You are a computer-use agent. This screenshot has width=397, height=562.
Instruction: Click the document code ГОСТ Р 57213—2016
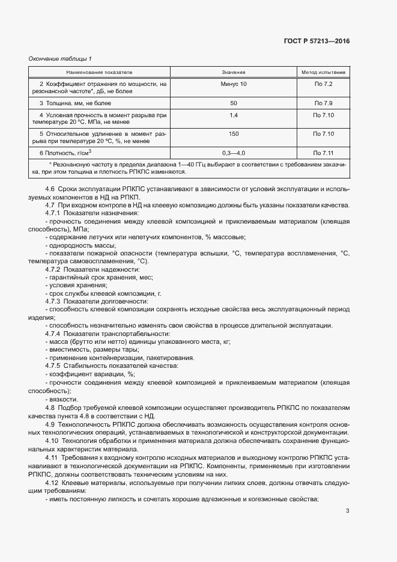click(316, 41)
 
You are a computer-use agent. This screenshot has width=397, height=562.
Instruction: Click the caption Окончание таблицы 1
click(60, 58)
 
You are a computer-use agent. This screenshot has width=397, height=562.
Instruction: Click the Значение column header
click(234, 72)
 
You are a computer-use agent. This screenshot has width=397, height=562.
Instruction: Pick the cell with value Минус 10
click(234, 84)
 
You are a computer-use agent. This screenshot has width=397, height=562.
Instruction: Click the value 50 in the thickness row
click(234, 103)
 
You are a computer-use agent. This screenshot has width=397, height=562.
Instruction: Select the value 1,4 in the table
click(234, 114)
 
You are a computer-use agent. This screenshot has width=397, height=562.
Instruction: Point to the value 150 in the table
click(234, 133)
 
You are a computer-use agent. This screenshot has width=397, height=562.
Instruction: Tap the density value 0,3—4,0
click(234, 153)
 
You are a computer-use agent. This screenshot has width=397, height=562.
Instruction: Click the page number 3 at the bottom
click(347, 512)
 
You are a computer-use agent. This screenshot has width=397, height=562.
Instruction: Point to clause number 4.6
click(50, 190)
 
